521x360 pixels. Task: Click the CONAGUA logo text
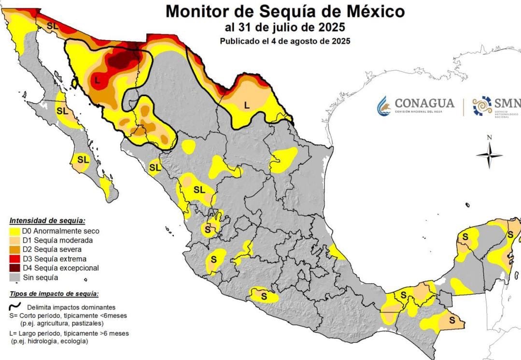click(424, 103)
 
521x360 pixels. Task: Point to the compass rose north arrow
click(489, 154)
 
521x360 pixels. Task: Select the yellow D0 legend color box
click(15, 231)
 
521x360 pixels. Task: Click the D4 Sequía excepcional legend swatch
click(15, 268)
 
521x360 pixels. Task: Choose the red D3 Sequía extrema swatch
click(15, 259)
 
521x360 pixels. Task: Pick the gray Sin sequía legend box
click(15, 278)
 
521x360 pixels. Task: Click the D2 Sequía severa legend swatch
click(15, 250)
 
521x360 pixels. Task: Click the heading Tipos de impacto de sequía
click(54, 294)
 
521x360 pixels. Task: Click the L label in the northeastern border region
click(246, 104)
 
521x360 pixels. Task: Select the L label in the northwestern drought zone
click(98, 81)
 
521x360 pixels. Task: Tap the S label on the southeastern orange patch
click(452, 319)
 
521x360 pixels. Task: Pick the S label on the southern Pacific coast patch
click(264, 295)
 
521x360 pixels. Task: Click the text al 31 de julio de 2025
click(285, 27)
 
